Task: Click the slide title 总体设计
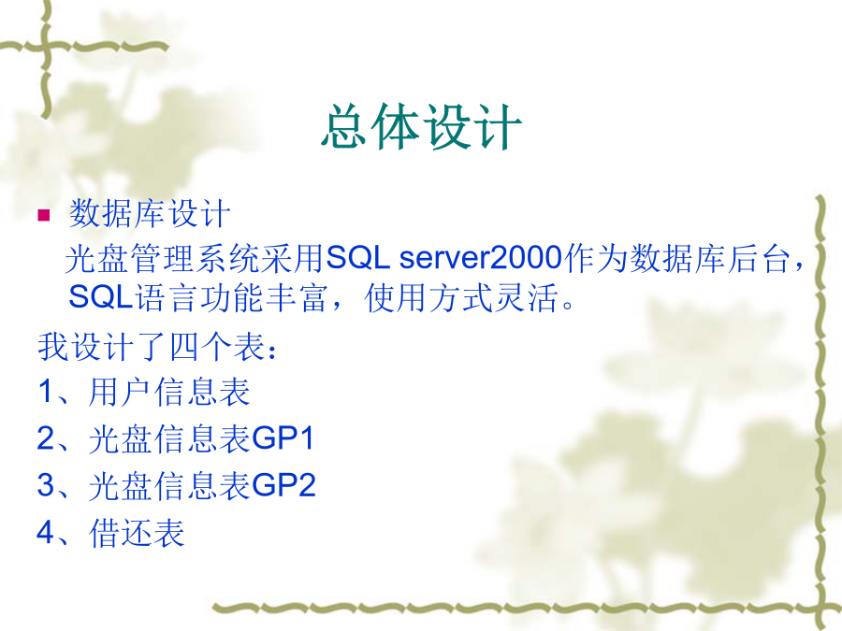pos(422,126)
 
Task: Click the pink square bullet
pos(43,215)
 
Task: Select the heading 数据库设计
pos(150,213)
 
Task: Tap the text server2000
pos(481,257)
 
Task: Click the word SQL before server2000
pos(357,257)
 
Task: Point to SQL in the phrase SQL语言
pos(100,296)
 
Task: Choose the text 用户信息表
pos(169,392)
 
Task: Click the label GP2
pos(283,484)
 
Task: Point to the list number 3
pos(46,484)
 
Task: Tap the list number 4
pos(46,532)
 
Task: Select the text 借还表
pos(137,532)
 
